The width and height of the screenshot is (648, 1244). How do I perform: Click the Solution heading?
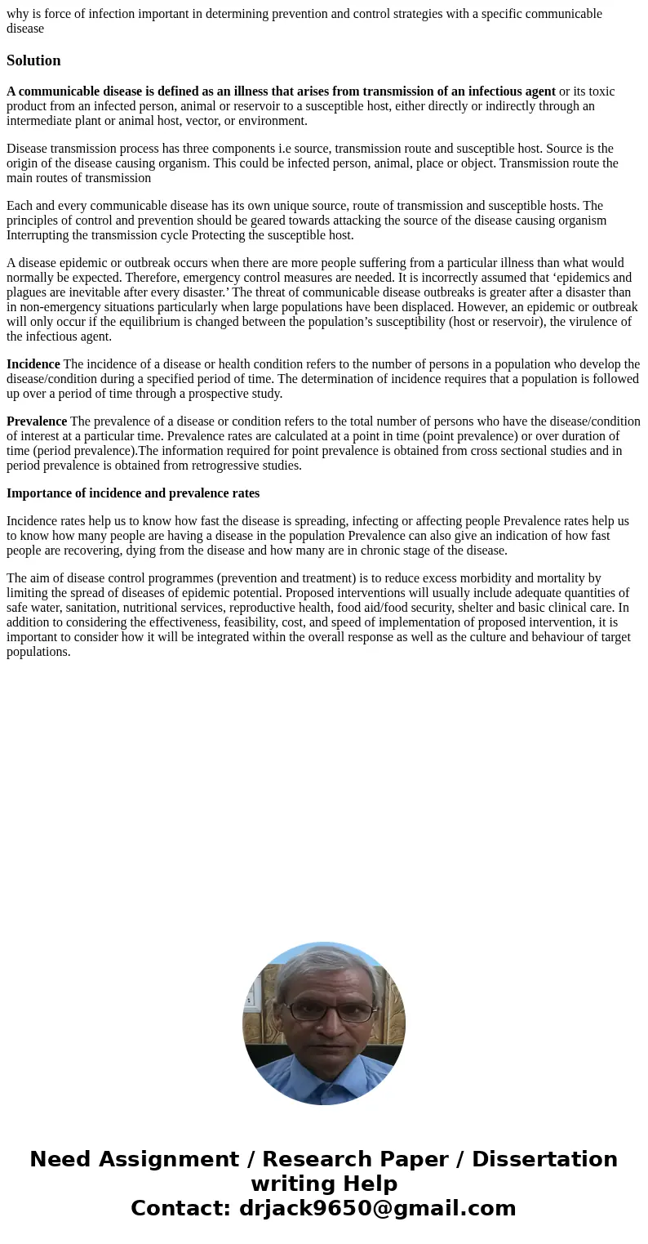pyautogui.click(x=33, y=60)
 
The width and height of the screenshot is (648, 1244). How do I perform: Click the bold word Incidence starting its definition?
pyautogui.click(x=33, y=364)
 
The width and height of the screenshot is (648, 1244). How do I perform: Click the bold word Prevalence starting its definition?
pyautogui.click(x=37, y=421)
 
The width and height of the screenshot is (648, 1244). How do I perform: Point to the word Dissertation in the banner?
pyautogui.click(x=544, y=1160)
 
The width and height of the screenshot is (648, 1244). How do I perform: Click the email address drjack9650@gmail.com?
pyautogui.click(x=377, y=1209)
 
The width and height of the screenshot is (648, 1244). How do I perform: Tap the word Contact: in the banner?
pyautogui.click(x=180, y=1209)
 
